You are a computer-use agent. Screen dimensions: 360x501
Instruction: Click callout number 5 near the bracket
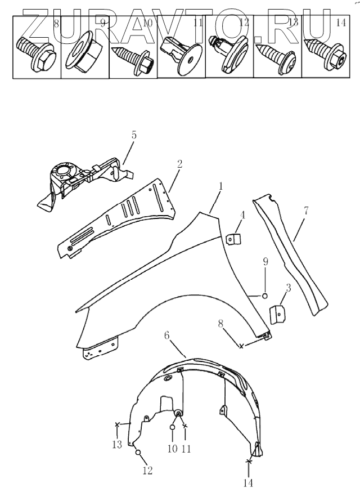134,135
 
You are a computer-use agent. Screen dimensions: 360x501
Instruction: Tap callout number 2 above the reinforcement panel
179,164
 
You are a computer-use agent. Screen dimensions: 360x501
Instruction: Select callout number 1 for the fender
221,185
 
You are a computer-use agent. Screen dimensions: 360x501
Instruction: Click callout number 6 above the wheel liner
167,335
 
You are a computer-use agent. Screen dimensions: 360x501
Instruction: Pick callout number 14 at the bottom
249,482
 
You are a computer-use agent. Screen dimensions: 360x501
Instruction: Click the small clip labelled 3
276,314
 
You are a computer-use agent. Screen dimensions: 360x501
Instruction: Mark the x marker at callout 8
241,346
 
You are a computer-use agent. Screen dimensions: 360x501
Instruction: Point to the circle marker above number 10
173,428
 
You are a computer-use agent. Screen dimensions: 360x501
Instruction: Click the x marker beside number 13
117,424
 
